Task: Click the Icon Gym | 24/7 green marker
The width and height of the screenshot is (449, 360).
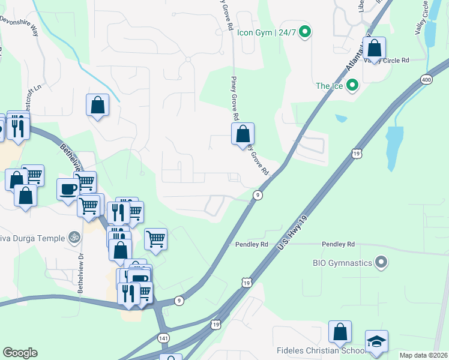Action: tap(305, 32)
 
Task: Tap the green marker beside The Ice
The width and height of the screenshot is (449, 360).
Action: tap(352, 86)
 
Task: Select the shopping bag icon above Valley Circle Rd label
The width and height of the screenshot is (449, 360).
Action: tap(374, 48)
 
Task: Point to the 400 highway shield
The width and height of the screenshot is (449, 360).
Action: tap(427, 79)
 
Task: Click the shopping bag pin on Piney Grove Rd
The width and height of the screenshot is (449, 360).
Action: tap(243, 134)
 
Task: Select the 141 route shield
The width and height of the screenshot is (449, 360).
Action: tap(163, 338)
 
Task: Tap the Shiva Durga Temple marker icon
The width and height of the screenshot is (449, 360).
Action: tap(74, 238)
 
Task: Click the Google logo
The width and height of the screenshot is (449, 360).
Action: tap(20, 353)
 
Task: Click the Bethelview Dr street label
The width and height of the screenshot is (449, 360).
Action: tap(80, 276)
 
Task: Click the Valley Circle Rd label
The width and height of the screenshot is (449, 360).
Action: tap(388, 61)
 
